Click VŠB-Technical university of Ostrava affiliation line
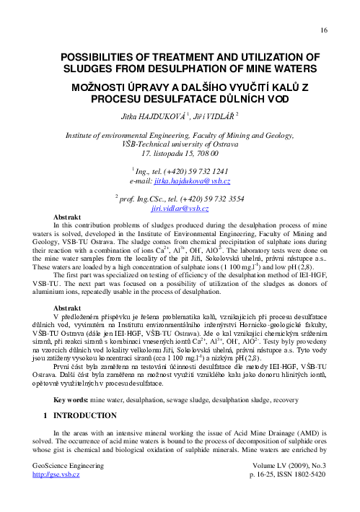pyautogui.click(x=180, y=144)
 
